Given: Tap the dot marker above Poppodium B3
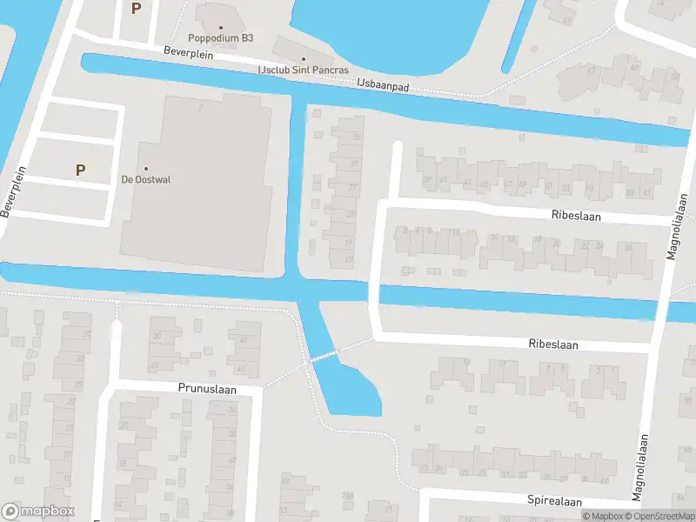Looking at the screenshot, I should [221, 27].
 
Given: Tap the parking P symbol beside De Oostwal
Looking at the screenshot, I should [80, 170].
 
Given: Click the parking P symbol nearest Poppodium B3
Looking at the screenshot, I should [136, 9].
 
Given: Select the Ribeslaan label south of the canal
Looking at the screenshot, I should [552, 344].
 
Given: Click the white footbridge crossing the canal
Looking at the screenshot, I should [324, 356].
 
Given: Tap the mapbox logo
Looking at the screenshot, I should [38, 512].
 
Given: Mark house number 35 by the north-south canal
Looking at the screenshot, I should [355, 137].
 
